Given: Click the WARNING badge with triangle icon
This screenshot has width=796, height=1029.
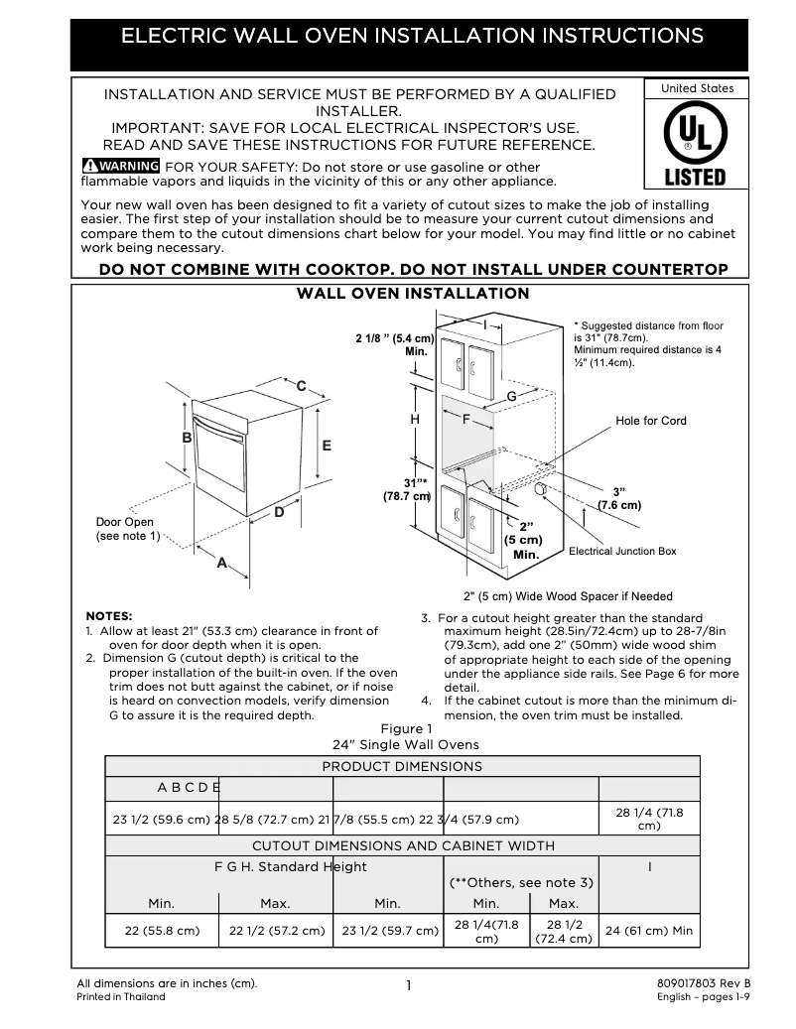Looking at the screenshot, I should coord(120,165).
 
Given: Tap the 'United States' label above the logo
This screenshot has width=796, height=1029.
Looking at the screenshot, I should coord(697,88).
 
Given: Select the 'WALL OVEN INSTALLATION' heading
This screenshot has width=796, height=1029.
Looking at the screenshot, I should coord(413,294).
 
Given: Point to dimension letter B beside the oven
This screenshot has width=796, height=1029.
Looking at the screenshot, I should coord(187,438).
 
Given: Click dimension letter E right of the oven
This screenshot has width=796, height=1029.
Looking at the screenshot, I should coord(326,446).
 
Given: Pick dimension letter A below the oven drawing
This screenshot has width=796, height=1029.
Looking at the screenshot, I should coord(221,563).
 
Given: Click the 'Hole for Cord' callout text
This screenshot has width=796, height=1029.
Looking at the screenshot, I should coord(650,421).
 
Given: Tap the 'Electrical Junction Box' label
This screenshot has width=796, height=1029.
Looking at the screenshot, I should coord(622,551).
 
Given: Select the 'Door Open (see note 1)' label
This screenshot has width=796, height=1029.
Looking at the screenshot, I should coord(126,529).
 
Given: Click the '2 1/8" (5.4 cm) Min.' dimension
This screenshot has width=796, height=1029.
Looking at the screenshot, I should coord(395,345).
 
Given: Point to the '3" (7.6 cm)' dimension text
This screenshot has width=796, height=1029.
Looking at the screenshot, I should coord(618,498).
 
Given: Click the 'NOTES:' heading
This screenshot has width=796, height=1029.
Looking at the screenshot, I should coord(109,615).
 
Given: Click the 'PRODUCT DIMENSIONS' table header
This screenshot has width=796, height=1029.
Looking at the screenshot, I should coord(402,766).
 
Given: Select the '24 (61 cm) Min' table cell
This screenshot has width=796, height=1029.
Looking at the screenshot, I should coord(649,931).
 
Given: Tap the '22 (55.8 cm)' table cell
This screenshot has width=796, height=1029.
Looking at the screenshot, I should coord(162,931).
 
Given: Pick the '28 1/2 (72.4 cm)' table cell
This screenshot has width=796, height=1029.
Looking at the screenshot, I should coord(564,931).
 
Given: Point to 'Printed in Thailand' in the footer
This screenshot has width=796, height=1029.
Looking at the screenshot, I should coord(121,997).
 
